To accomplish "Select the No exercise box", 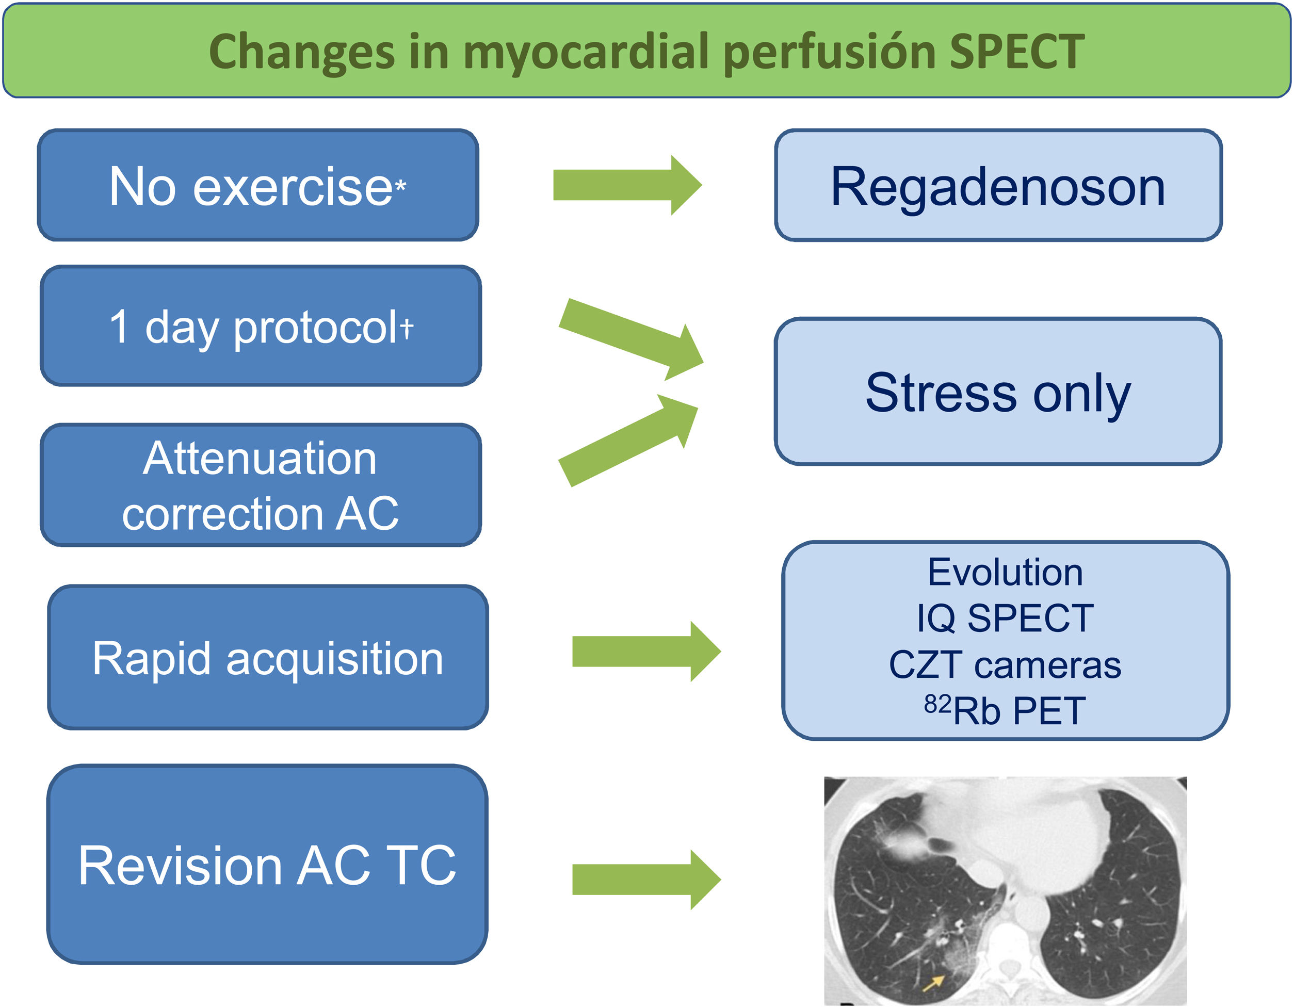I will pyautogui.click(x=258, y=185).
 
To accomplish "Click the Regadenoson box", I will pyautogui.click(x=998, y=185).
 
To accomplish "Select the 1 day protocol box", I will pyautogui.click(x=261, y=326).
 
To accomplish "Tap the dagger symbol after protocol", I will pyautogui.click(x=407, y=327).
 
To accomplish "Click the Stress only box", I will pyautogui.click(x=998, y=392).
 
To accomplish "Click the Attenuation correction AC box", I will pyautogui.click(x=261, y=485).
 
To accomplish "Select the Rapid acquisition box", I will pyautogui.click(x=268, y=657).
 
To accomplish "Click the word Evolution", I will pyautogui.click(x=1005, y=573).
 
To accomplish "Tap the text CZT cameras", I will pyautogui.click(x=1005, y=664).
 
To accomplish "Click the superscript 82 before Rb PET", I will pyautogui.click(x=937, y=704).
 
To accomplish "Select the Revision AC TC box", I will pyautogui.click(x=267, y=865).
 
